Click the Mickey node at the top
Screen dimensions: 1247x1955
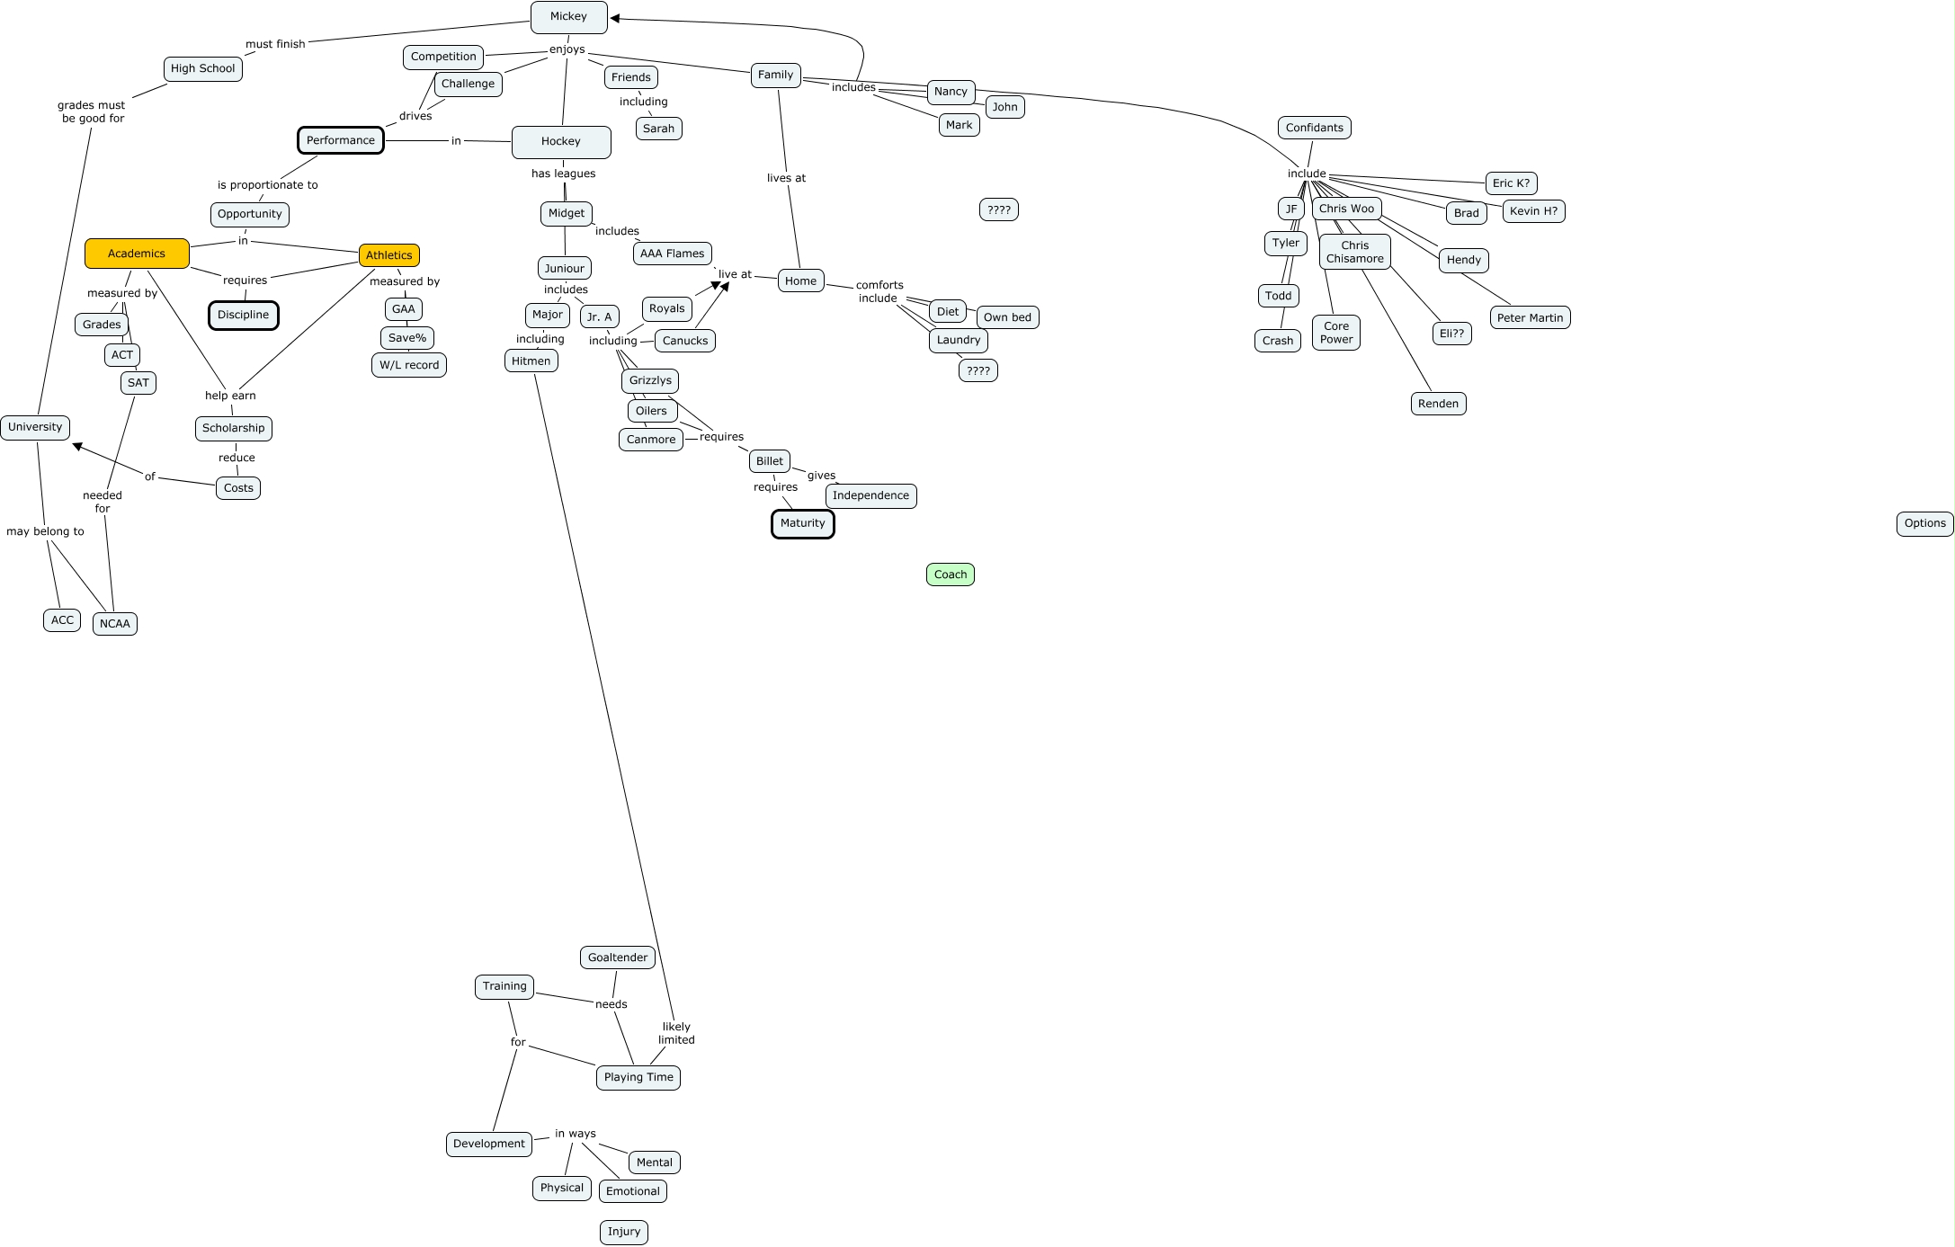(568, 17)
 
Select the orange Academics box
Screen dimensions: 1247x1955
(137, 254)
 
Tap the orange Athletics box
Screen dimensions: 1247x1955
(388, 255)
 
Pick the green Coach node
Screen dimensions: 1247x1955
(950, 575)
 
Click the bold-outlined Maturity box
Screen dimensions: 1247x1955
(802, 523)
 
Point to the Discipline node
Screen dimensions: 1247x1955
(243, 316)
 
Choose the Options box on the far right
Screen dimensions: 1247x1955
(1924, 523)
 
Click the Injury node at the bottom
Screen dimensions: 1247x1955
(623, 1232)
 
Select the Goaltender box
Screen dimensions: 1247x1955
(617, 958)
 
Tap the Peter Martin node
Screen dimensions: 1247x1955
(1530, 317)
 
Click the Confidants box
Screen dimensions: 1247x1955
(1314, 128)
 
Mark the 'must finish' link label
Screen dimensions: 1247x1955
(275, 44)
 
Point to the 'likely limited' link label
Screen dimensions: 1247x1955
(676, 1033)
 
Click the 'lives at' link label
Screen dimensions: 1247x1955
(786, 178)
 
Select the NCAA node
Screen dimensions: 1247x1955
(115, 624)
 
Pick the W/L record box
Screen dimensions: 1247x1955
(409, 365)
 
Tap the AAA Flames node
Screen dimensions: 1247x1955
(672, 254)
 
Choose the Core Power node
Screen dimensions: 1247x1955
(1335, 333)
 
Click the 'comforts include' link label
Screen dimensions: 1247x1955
(879, 291)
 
